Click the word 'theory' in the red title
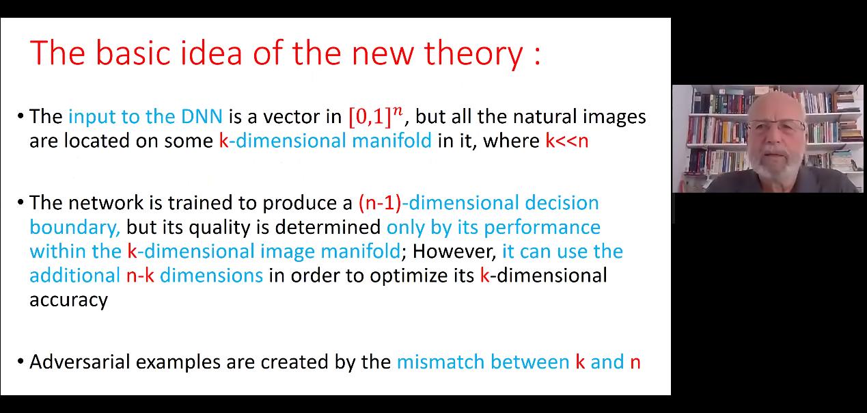point(473,54)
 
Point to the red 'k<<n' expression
point(567,141)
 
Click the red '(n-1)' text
point(380,203)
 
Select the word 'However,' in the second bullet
point(454,252)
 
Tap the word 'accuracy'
point(68,300)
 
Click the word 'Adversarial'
point(80,362)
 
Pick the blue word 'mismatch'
point(441,362)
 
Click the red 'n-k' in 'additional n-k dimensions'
point(140,276)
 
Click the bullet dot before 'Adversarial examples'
point(20,362)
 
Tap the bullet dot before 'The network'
point(20,202)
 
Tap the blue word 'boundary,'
point(75,228)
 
